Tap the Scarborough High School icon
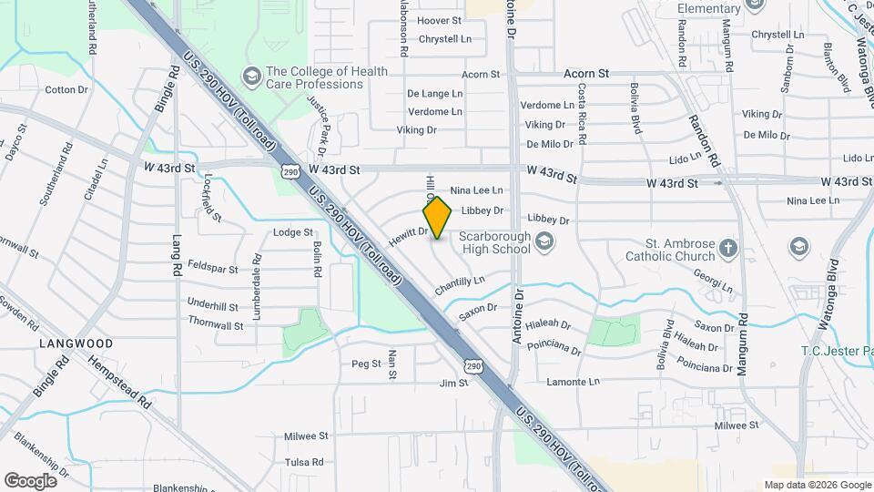coord(544,241)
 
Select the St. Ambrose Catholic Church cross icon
coord(727,248)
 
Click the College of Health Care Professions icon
coord(251,74)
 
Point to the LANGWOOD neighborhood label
coord(76,343)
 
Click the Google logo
coord(30,480)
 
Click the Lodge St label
coord(293,232)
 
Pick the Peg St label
coord(366,364)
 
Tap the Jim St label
coord(452,384)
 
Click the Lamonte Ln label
coord(573,382)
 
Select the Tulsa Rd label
coord(304,462)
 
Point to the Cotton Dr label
coord(66,89)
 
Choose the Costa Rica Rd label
coord(582,114)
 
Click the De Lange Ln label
coord(434,93)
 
